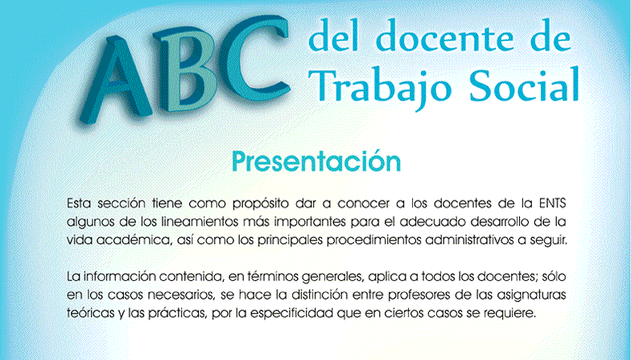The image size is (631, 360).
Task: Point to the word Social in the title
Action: [524, 84]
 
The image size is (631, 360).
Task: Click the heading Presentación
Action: [316, 161]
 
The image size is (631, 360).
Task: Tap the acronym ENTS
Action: [552, 203]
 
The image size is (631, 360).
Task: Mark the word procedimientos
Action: [373, 241]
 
